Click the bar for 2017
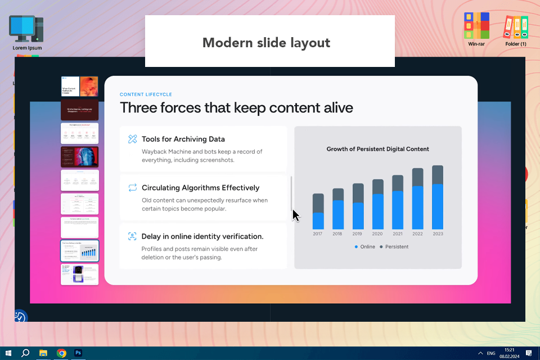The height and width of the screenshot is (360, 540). click(x=318, y=211)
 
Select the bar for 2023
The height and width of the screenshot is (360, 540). click(x=438, y=197)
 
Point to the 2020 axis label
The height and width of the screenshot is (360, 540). click(x=377, y=233)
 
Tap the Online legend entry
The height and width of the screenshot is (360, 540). click(x=366, y=247)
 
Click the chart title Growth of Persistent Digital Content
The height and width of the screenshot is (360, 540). click(x=377, y=149)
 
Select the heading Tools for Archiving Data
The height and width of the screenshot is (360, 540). click(x=183, y=139)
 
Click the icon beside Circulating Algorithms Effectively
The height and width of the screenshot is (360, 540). click(x=132, y=188)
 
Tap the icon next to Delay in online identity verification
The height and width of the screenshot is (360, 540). click(x=132, y=236)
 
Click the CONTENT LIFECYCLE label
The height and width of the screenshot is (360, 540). click(x=146, y=94)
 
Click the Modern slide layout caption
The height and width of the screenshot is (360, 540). click(x=266, y=43)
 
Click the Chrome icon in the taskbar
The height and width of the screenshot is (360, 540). click(x=61, y=353)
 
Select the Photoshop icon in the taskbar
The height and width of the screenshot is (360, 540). click(x=78, y=353)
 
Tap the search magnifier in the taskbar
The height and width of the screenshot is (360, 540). click(x=25, y=353)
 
